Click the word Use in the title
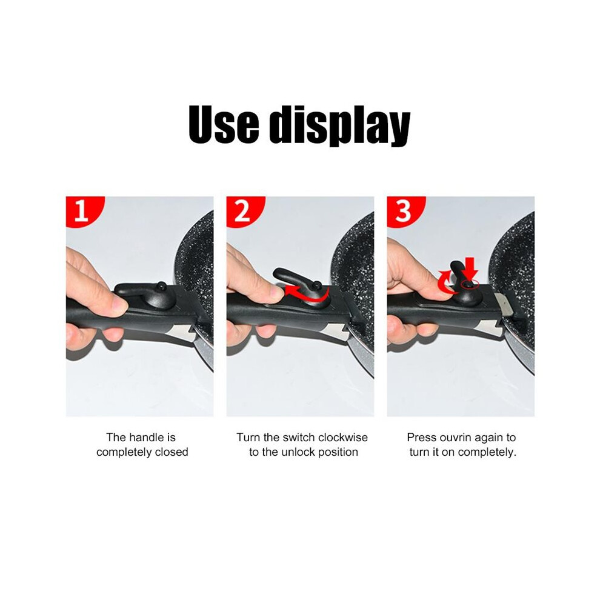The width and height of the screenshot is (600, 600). pyautogui.click(x=224, y=124)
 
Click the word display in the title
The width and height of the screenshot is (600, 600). pyautogui.click(x=340, y=127)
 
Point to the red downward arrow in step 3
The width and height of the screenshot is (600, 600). pyautogui.click(x=470, y=269)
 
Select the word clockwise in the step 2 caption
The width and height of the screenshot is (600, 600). pyautogui.click(x=343, y=438)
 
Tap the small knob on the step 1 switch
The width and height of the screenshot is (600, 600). pyautogui.click(x=161, y=286)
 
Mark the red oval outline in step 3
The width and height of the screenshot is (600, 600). pyautogui.click(x=470, y=284)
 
